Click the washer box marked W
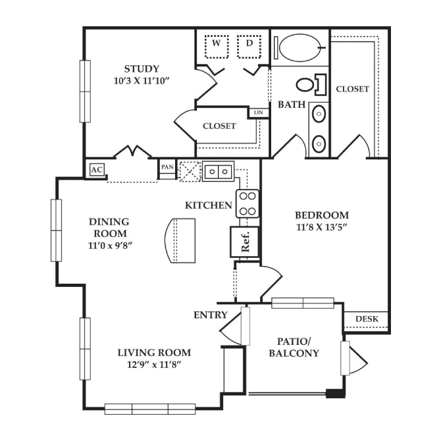pos(217,47)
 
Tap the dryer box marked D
pos(249,47)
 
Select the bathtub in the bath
pos(300,47)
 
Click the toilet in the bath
pos(311,84)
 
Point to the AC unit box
pos(97,170)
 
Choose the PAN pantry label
pos(167,167)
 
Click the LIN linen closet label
pos(259,113)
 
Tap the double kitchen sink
pos(219,171)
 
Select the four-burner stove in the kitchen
pos(247,203)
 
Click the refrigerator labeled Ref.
pos(245,242)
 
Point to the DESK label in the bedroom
pos(367,319)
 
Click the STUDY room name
pos(142,69)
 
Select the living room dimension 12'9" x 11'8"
pos(153,365)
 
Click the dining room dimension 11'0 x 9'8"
pos(110,246)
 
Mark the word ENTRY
pos(211,315)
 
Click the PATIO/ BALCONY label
pos(294,348)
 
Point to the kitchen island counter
pos(180,241)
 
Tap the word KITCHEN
pos(209,205)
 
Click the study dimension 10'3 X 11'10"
pos(142,81)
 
